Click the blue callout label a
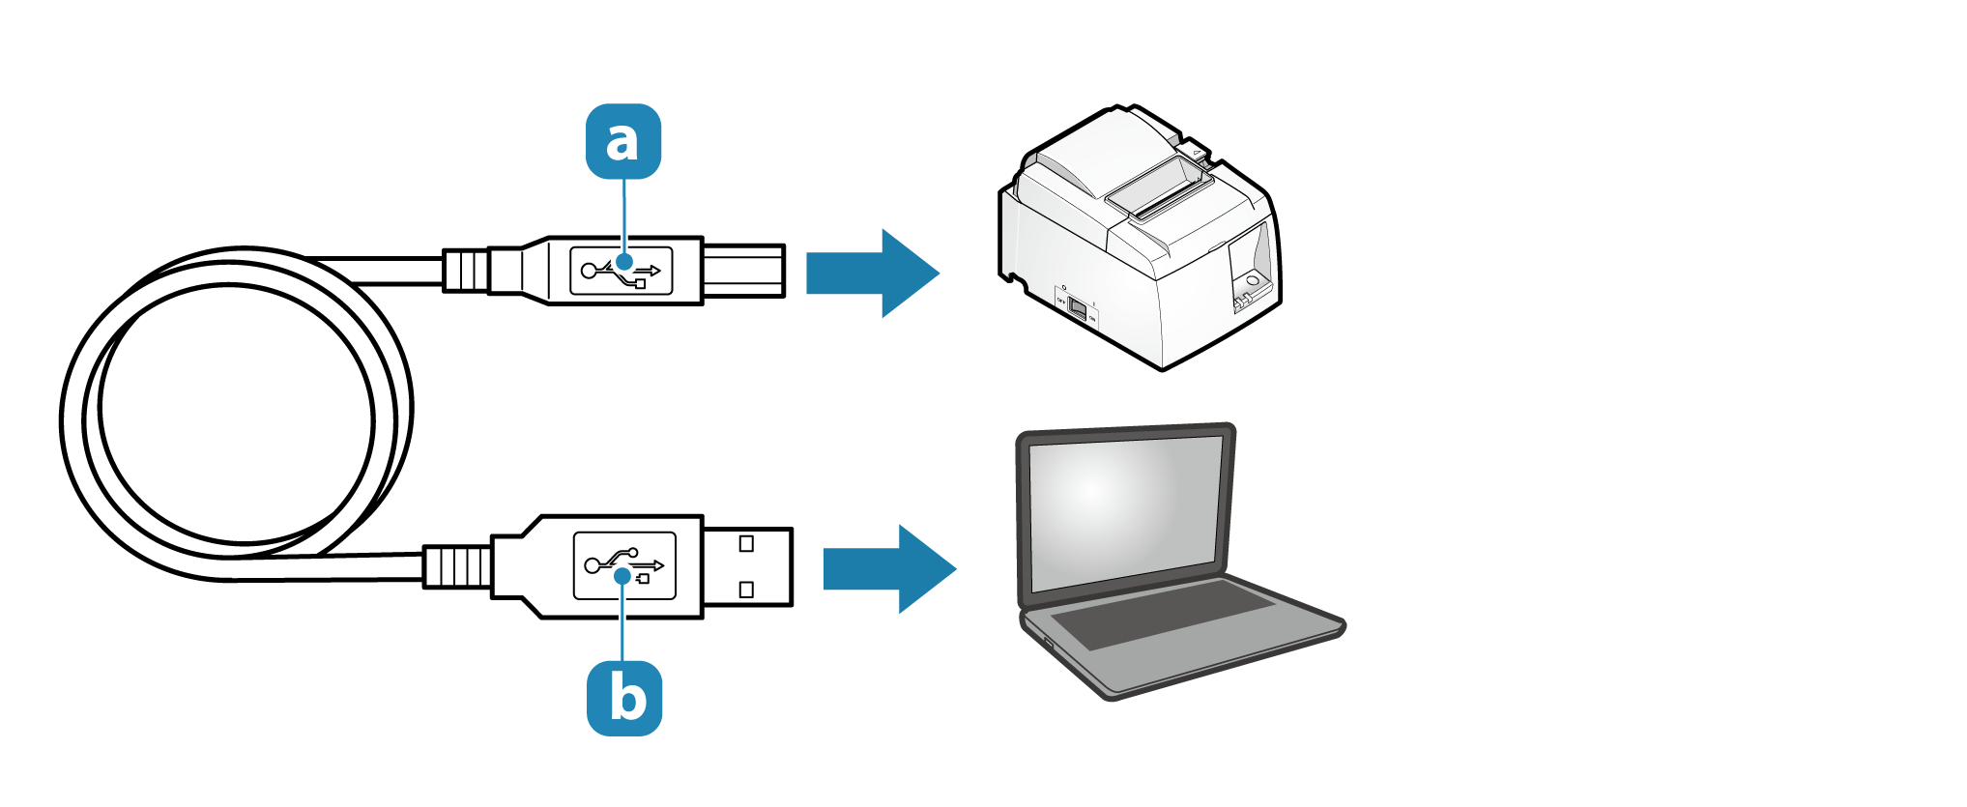click(623, 141)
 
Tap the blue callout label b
click(624, 698)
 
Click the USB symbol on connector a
click(622, 272)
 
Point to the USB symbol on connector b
click(624, 565)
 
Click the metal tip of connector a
click(741, 271)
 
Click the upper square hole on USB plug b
click(746, 543)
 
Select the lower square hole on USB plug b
click(746, 590)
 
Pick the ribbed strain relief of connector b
click(457, 566)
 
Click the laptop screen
click(1125, 512)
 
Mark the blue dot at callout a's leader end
click(625, 261)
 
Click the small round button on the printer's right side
click(1253, 280)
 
